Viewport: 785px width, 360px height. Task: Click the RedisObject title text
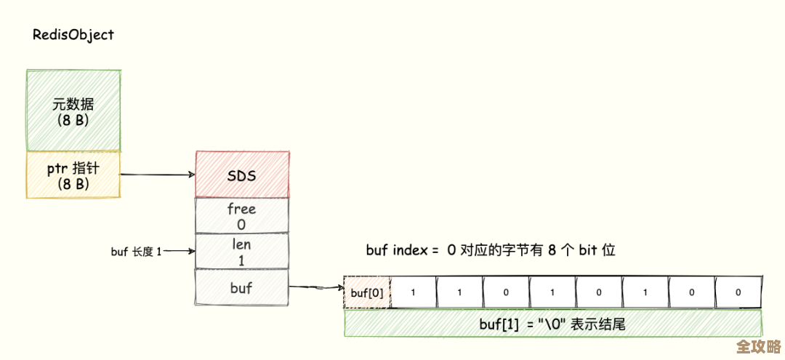click(x=73, y=35)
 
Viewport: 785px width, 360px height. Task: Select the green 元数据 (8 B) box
click(x=73, y=111)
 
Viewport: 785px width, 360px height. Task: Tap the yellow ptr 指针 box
click(x=73, y=175)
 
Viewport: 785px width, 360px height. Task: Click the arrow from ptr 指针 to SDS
click(x=156, y=175)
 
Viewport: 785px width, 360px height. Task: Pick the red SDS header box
click(x=241, y=175)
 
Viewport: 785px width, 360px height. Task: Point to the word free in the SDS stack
click(x=241, y=209)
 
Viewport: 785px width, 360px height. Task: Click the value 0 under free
click(x=241, y=224)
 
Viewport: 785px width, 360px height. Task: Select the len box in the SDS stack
click(x=241, y=251)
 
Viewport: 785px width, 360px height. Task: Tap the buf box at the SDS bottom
click(x=241, y=288)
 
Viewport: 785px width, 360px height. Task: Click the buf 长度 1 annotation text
click(x=137, y=252)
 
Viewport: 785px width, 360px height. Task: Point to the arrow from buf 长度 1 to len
click(x=180, y=252)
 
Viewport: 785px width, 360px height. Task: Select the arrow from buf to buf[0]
click(x=315, y=287)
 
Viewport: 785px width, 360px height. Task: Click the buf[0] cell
click(x=366, y=293)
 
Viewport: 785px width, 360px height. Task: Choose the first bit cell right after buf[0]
click(x=413, y=293)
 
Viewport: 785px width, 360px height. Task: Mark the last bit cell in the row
click(x=738, y=293)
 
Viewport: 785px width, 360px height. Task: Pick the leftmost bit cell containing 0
click(x=506, y=293)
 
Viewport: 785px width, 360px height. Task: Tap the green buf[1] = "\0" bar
click(x=552, y=324)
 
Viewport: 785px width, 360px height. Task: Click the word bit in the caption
click(x=587, y=250)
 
